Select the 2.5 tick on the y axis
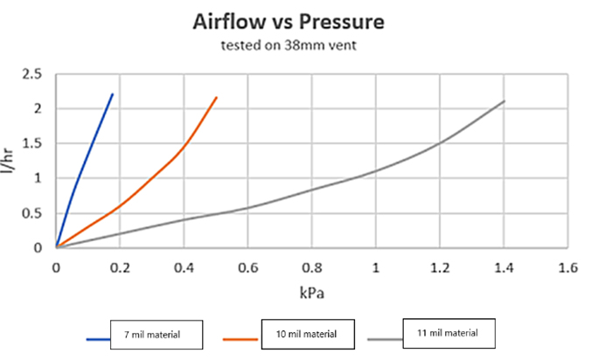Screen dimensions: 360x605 32,74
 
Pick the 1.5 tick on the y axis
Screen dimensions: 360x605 32,143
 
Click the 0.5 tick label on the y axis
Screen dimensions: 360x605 32,213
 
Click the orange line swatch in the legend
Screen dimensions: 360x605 242,337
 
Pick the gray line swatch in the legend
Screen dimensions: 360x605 386,337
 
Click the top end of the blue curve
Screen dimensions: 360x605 113,94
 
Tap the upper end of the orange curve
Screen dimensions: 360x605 217,97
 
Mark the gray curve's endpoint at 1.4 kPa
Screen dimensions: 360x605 504,101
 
